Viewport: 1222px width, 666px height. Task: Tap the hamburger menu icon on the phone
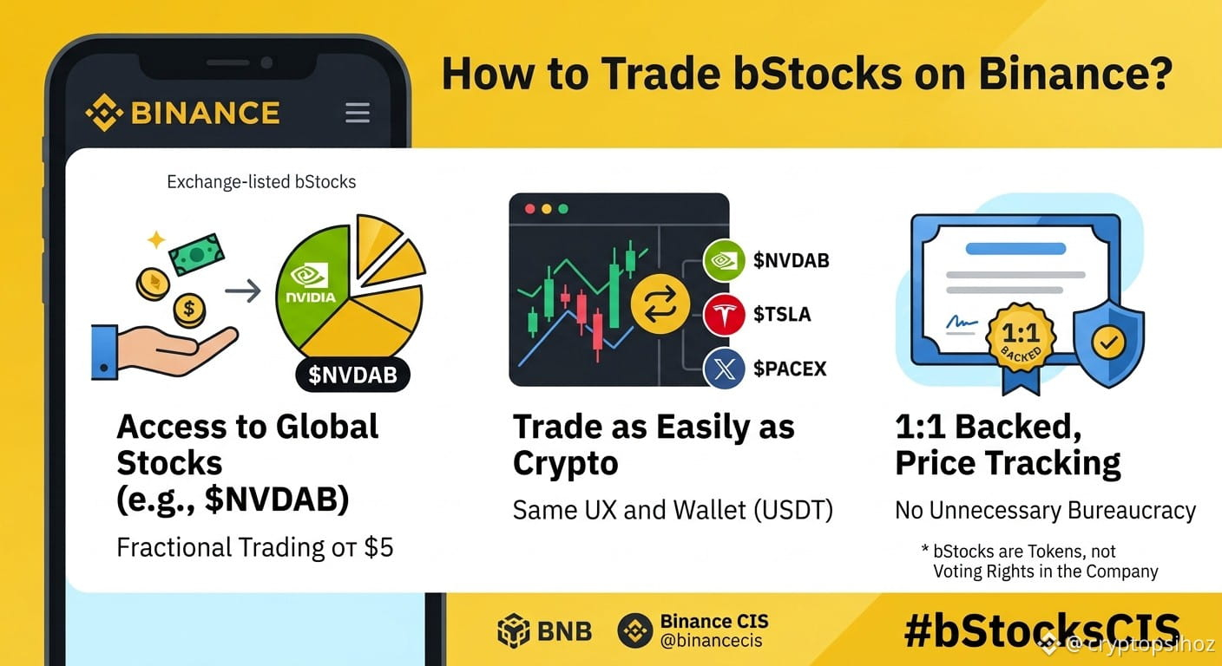[x=358, y=112]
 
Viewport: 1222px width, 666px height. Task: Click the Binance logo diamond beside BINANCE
[x=103, y=112]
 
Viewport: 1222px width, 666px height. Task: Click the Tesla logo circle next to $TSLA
[x=724, y=315]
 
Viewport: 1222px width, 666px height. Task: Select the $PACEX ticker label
[x=790, y=369]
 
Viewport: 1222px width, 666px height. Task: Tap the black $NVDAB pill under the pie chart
[x=352, y=375]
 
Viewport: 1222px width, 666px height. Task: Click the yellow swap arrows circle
[x=660, y=304]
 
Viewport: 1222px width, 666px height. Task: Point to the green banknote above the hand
[x=196, y=253]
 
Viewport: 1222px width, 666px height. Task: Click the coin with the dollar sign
[x=188, y=310]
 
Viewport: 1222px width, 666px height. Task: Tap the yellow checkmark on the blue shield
[x=1108, y=343]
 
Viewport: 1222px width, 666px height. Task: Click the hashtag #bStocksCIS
[x=1042, y=630]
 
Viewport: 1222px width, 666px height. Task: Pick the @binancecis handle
[x=711, y=641]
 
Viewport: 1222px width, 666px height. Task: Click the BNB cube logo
[x=513, y=630]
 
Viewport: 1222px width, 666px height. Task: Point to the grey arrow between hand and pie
[x=243, y=291]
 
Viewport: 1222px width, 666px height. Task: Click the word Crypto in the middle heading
[x=565, y=463]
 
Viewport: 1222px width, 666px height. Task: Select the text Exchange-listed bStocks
[x=261, y=181]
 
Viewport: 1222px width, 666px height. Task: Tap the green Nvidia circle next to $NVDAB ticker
[x=724, y=260]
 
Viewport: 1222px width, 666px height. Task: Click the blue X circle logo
[x=724, y=369]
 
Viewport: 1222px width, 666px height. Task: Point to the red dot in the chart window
[x=529, y=209]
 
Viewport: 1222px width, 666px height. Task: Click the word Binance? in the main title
[x=1075, y=74]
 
